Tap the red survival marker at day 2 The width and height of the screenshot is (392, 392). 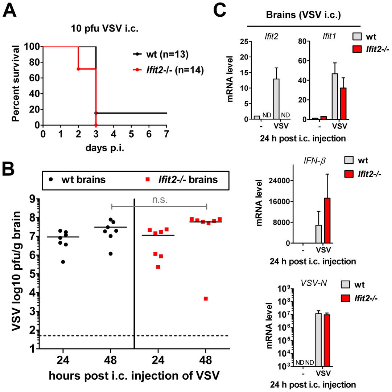[x=78, y=69]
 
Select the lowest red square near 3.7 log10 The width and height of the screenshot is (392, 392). [x=206, y=298]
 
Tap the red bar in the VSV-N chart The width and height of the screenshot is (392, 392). [x=327, y=340]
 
